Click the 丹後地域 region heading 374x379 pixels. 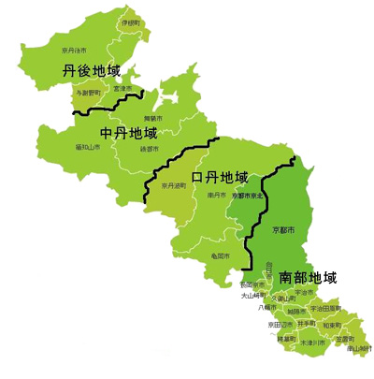coord(93,70)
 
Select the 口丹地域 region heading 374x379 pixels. coord(220,177)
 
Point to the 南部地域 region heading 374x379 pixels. coord(308,278)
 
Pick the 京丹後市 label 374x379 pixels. coord(74,51)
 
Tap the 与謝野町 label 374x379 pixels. coord(90,95)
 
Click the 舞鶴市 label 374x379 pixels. coord(151,118)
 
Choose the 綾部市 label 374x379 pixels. coord(149,148)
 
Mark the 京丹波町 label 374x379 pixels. coord(174,186)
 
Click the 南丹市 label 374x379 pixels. coord(218,196)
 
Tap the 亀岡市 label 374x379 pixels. coord(221,255)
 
